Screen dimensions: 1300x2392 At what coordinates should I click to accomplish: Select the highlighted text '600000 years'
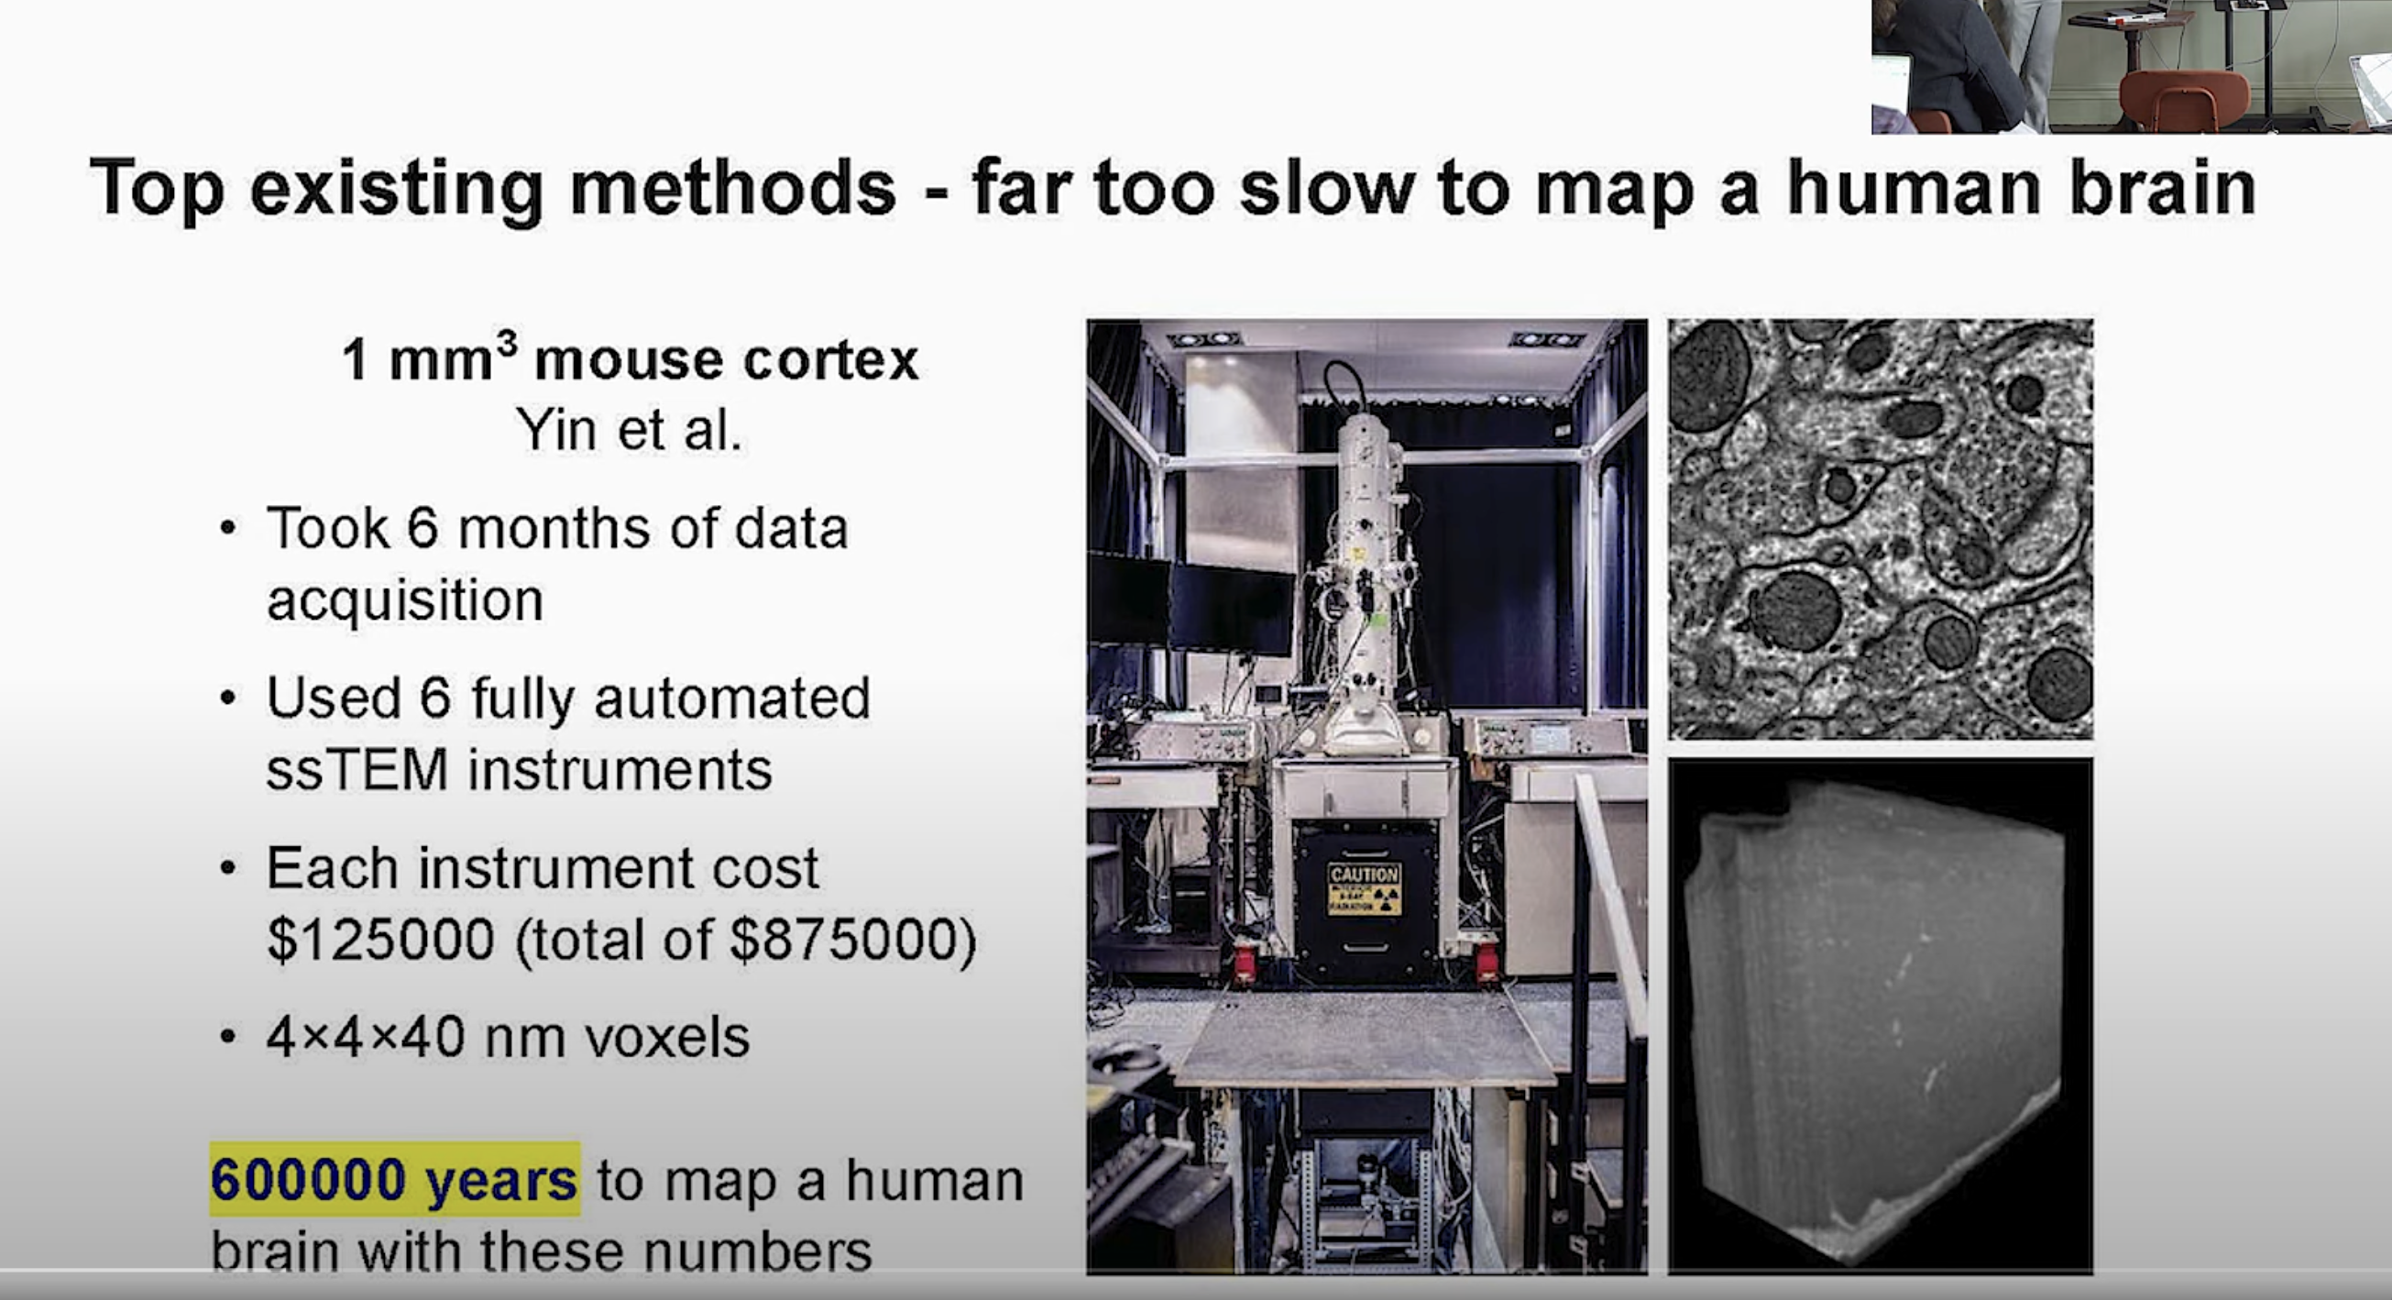point(394,1179)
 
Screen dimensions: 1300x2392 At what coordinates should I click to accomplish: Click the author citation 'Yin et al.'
point(630,430)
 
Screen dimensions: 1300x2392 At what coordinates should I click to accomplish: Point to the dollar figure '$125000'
point(380,940)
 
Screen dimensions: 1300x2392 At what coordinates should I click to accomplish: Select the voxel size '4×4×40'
point(366,1037)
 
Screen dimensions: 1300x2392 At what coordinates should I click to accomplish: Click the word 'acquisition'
point(405,600)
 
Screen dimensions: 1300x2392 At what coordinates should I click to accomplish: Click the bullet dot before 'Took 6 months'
point(228,528)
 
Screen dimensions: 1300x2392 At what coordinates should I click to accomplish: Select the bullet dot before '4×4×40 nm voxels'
point(228,1036)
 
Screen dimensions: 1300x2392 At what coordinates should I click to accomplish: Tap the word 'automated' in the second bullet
point(731,699)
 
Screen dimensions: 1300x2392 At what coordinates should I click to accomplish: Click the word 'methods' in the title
point(732,189)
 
